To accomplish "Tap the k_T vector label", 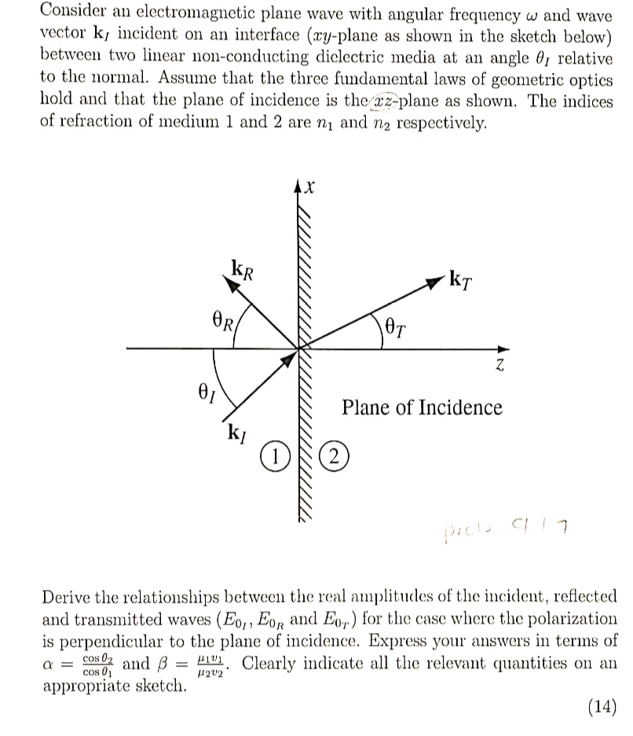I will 463,279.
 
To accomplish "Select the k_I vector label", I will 235,432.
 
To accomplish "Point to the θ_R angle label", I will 225,322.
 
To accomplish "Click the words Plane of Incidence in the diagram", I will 422,408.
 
